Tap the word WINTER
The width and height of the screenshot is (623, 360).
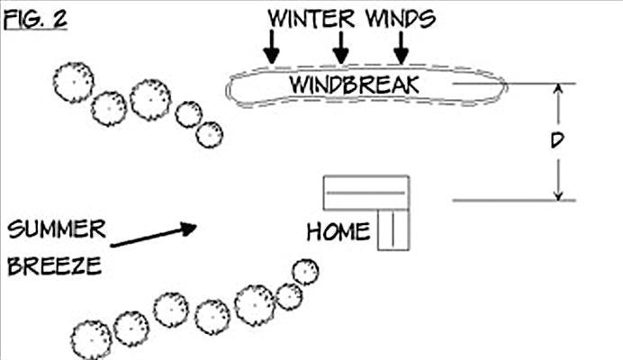coord(311,17)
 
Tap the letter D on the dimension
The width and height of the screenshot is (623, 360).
coord(559,141)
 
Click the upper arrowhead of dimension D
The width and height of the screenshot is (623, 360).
coord(559,90)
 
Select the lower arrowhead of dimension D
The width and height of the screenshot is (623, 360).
coord(559,193)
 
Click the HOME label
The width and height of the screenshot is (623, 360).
coord(338,232)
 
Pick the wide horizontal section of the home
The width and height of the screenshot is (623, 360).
coord(366,192)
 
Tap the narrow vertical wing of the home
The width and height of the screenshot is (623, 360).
coord(389,229)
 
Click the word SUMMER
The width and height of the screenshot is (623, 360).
coord(56,229)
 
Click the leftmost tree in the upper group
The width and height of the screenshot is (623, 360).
coord(72,83)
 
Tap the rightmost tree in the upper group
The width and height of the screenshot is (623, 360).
coord(210,133)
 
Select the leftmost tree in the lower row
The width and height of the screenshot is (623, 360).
coord(92,339)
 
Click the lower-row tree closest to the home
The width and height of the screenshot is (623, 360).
coord(306,271)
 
